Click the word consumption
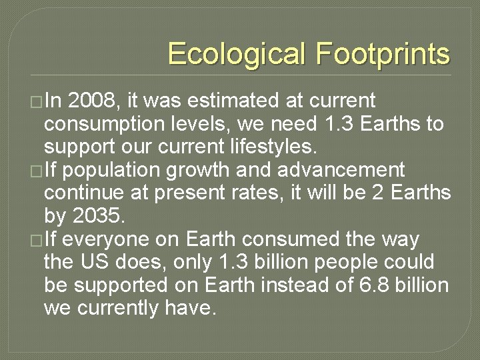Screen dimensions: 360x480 point(101,125)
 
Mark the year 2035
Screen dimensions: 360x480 point(99,216)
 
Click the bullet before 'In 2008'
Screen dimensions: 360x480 point(37,102)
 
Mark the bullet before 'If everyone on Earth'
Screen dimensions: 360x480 point(37,240)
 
